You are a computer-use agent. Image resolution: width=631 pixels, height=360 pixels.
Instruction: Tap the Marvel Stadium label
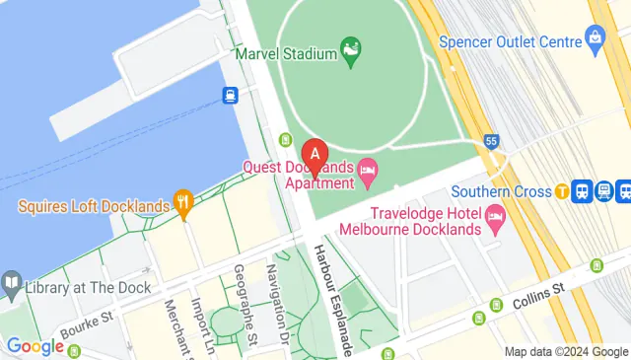pos(284,53)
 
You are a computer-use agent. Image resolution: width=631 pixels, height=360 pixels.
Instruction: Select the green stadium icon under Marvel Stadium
pos(349,47)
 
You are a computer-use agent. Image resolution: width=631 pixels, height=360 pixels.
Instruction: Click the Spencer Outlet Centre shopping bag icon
pos(595,38)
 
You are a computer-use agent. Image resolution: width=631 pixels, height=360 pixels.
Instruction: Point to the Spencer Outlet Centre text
pos(522,42)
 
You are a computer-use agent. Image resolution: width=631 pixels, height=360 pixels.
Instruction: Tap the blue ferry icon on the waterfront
pos(230,96)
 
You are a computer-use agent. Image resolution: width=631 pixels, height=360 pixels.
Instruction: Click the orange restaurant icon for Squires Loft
pos(182,205)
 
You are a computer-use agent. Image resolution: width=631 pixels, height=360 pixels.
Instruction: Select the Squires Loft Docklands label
pos(94,206)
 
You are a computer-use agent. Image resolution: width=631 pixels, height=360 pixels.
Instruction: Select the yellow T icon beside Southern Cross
pos(561,191)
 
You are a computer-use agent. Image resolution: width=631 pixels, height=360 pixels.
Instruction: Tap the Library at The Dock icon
pos(12,287)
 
